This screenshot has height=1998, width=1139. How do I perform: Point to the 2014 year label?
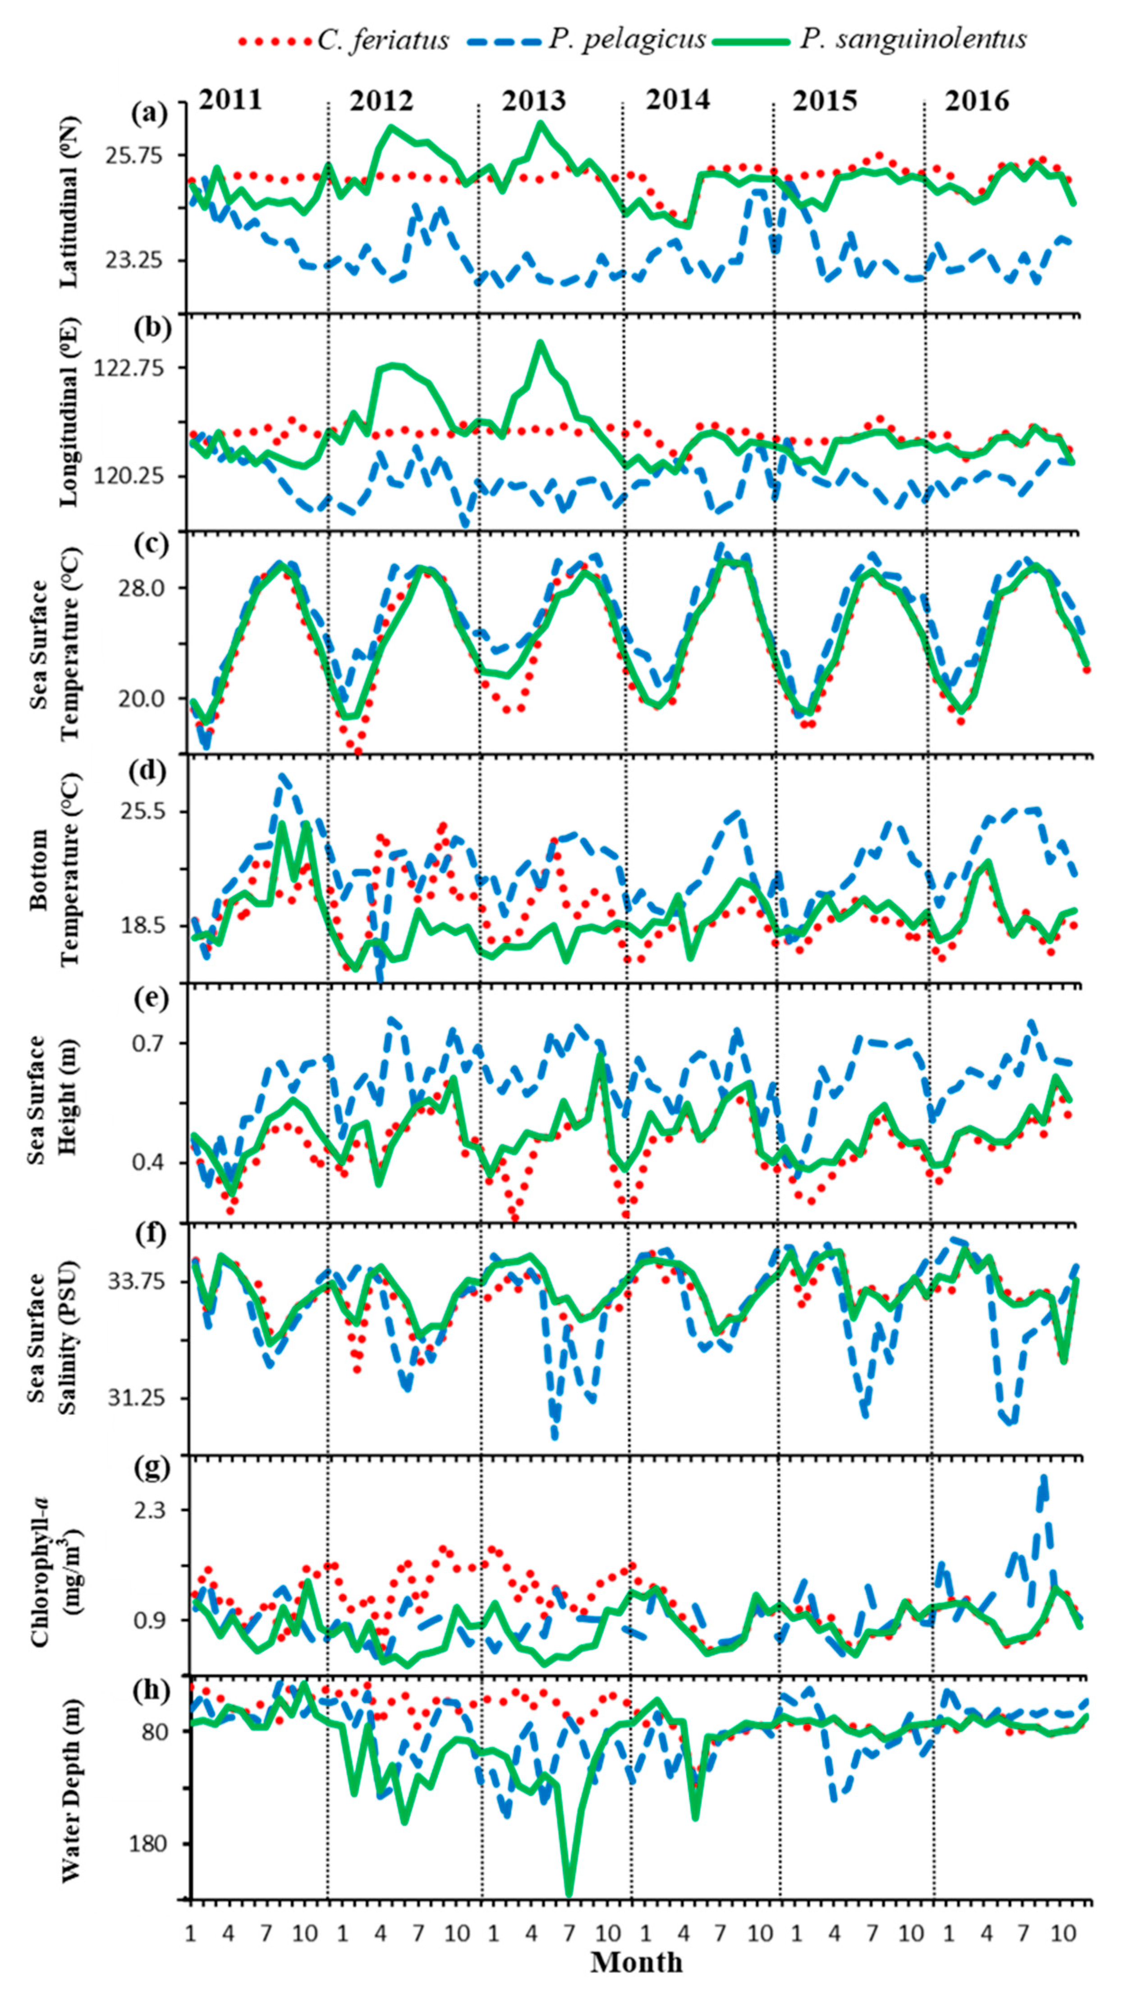pyautogui.click(x=677, y=101)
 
